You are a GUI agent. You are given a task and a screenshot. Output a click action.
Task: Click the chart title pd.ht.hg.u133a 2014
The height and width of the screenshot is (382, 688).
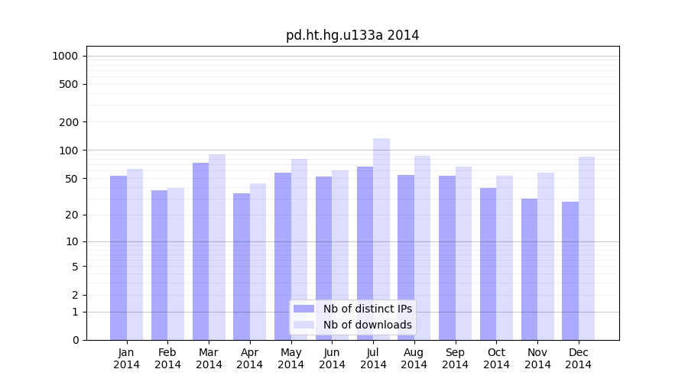[x=352, y=35]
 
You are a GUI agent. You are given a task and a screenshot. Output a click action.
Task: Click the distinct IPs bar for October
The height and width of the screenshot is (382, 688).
[x=488, y=264]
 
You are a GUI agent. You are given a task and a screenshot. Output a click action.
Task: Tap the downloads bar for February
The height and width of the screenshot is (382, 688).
[x=176, y=264]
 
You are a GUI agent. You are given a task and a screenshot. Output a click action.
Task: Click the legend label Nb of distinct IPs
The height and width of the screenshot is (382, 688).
[x=367, y=309]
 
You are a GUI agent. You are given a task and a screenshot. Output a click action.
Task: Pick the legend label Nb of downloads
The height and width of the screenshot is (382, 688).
[x=367, y=325]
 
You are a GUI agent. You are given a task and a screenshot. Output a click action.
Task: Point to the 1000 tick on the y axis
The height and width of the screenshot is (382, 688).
[x=65, y=56]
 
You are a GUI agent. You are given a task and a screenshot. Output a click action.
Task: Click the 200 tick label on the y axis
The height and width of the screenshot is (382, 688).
[x=69, y=122]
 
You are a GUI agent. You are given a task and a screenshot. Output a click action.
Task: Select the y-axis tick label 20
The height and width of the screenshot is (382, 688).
[x=71, y=215]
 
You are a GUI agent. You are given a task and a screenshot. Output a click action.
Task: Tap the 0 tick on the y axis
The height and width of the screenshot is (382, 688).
[x=75, y=340]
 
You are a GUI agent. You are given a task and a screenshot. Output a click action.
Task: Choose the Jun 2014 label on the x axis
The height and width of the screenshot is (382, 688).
[x=332, y=358]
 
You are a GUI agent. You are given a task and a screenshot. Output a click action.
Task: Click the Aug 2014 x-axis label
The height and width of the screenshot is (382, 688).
[x=414, y=358]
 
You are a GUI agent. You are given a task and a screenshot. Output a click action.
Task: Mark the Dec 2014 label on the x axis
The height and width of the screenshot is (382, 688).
[x=579, y=358]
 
